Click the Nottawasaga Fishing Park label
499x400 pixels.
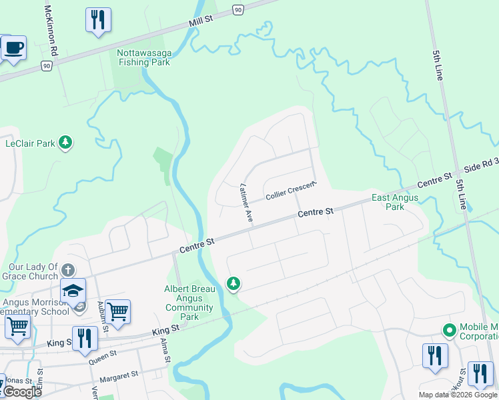[143, 57]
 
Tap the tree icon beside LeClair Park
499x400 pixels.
[65, 142]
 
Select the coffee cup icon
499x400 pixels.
[13, 49]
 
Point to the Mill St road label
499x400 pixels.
[200, 21]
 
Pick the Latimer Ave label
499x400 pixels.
[245, 202]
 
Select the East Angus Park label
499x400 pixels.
[395, 202]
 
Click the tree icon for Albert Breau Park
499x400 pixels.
[233, 283]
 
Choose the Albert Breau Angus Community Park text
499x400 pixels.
[190, 303]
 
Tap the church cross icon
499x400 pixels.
[67, 271]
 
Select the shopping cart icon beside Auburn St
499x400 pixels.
[117, 311]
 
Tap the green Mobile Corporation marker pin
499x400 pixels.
[450, 330]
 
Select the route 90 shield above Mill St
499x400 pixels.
[238, 9]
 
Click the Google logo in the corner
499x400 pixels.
[21, 391]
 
